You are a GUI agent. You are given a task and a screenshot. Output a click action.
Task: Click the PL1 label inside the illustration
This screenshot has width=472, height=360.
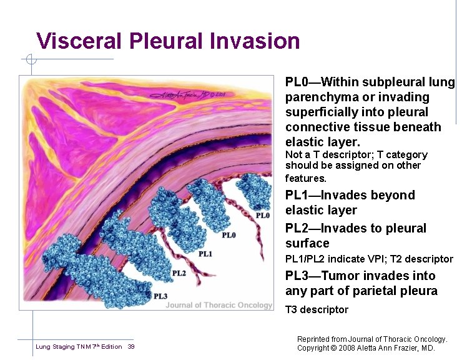pos(205,254)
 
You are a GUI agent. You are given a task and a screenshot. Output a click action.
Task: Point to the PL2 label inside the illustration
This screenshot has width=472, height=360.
pos(179,273)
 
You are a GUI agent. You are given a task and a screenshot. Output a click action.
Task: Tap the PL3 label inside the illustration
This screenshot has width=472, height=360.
pos(160,296)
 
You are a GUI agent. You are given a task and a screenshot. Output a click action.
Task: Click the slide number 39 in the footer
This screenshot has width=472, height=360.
pos(131,347)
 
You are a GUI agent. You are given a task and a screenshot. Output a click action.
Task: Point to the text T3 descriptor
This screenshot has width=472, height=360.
pos(317,309)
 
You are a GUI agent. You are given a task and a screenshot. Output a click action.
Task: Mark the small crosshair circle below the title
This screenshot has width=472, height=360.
pos(29,60)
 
